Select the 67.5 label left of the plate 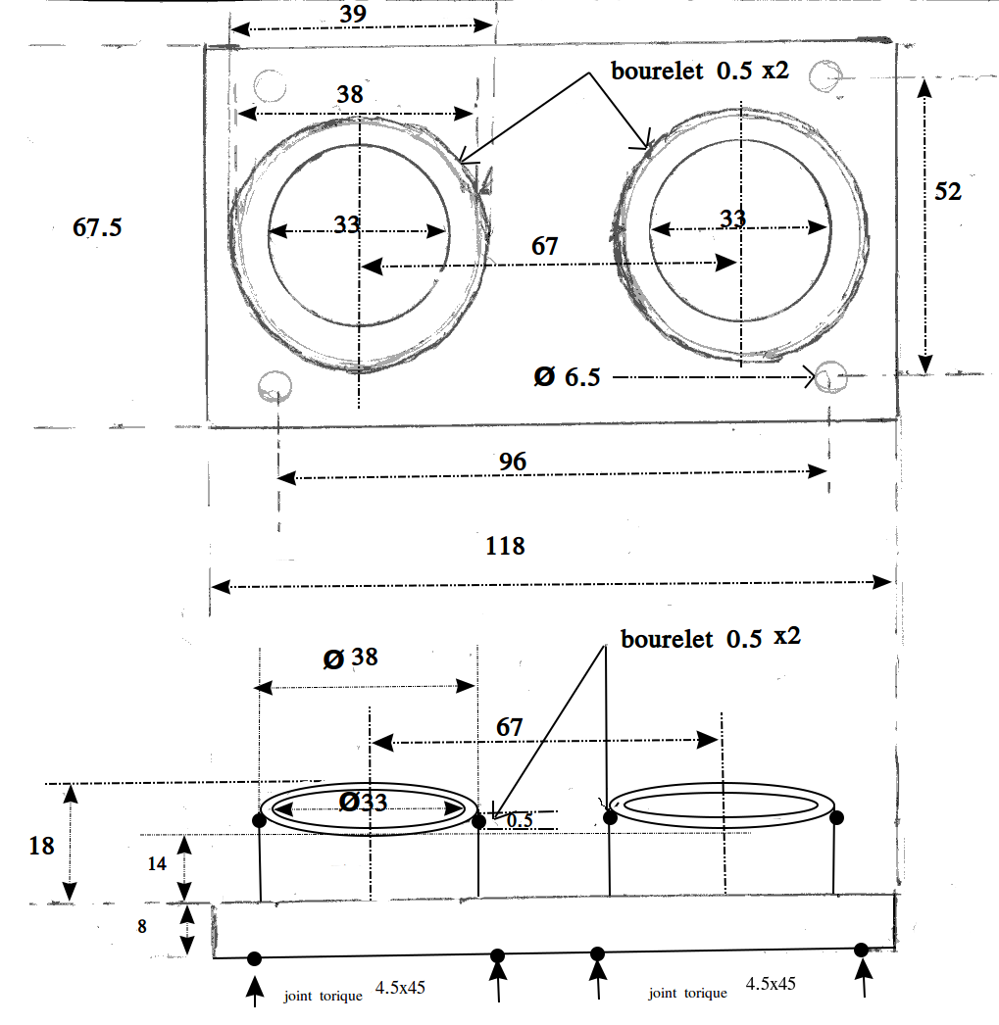point(97,227)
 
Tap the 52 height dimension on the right point(947,191)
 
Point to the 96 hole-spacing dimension point(512,461)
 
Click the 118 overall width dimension point(505,546)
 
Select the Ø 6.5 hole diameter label point(567,376)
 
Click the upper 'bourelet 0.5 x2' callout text point(700,72)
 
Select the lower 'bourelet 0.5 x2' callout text point(711,638)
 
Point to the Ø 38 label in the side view point(351,658)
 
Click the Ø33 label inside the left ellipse point(363,803)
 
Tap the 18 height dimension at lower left point(41,845)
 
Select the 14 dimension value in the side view point(157,864)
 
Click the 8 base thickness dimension point(142,925)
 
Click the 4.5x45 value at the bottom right point(770,984)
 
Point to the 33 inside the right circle point(732,218)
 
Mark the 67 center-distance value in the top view point(544,246)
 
